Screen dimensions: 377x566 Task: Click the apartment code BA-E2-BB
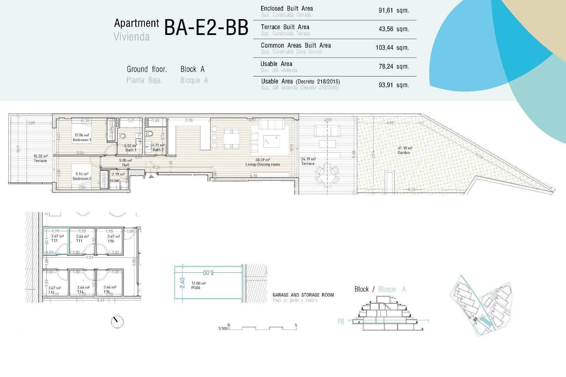(x=206, y=28)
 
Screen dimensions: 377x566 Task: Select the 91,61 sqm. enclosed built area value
(x=394, y=11)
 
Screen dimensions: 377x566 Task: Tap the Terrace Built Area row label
(x=285, y=27)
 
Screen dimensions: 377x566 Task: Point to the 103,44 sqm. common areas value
(x=392, y=48)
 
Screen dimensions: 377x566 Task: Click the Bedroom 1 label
(x=82, y=140)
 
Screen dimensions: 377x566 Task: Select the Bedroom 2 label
(x=82, y=178)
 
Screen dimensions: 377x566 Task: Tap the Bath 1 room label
(x=131, y=150)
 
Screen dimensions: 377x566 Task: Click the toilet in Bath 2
(x=150, y=134)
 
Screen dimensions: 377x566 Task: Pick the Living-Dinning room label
(x=262, y=164)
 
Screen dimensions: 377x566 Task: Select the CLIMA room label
(x=115, y=181)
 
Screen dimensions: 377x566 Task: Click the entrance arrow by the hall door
(x=151, y=176)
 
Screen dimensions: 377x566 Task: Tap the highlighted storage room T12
(x=56, y=241)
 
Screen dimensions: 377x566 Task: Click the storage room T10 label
(x=111, y=241)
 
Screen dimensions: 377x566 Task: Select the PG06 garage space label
(x=195, y=288)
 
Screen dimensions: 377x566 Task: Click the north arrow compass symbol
(x=117, y=322)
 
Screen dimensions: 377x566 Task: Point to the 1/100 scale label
(x=223, y=328)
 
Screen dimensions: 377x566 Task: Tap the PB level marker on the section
(x=341, y=321)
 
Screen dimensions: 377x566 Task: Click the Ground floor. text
(x=147, y=69)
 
